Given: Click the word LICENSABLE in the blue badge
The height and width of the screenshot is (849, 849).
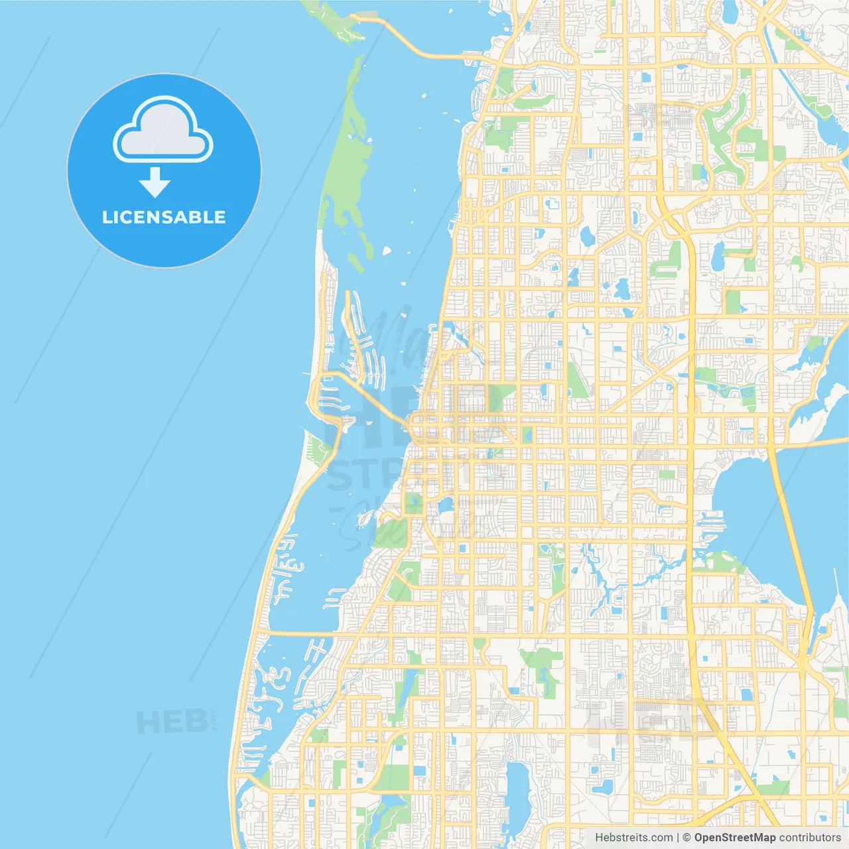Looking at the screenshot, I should [x=164, y=217].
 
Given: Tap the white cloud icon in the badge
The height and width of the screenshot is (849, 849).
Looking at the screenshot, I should [x=163, y=131].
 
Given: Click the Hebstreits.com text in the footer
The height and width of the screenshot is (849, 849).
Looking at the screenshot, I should [x=633, y=838].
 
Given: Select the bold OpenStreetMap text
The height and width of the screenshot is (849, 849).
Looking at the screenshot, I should [x=734, y=838].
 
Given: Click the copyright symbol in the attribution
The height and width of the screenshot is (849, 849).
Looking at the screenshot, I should [x=687, y=838].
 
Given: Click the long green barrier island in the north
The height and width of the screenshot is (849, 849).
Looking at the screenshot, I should [x=348, y=159].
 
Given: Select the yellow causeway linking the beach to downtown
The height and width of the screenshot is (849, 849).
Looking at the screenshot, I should [x=371, y=398].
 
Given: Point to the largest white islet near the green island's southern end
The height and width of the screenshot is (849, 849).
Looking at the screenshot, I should [x=386, y=251].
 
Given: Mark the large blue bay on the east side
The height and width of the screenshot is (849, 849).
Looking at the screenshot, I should [x=750, y=504].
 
